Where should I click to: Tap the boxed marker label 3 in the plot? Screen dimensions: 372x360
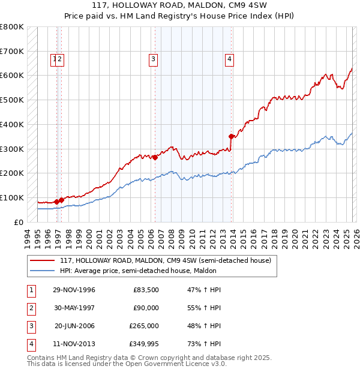tap(154, 59)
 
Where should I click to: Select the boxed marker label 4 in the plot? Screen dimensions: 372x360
tap(230, 59)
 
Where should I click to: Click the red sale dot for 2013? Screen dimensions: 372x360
tap(231, 137)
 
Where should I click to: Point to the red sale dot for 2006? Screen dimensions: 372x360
tap(155, 158)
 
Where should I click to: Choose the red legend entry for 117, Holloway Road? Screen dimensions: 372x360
tap(166, 260)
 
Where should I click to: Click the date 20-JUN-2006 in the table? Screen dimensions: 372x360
tap(74, 326)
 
